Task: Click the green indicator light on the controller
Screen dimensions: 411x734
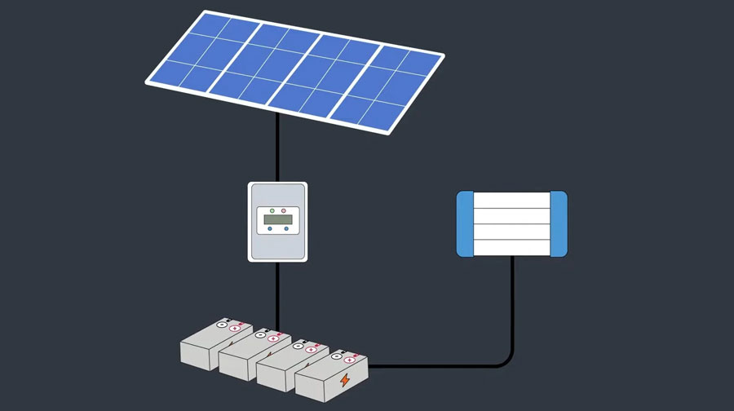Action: tap(272, 210)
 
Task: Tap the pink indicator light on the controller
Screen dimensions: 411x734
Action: tap(284, 210)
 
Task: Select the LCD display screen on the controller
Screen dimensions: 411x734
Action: tap(277, 219)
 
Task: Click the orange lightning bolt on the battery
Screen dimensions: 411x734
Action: tap(345, 380)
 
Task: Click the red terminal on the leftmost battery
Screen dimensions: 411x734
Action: tap(234, 327)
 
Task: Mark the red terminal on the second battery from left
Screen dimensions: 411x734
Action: tap(272, 338)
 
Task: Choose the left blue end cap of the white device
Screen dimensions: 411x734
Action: tap(464, 225)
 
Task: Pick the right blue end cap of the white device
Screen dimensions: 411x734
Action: tap(559, 225)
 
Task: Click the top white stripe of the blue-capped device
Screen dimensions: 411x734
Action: tap(511, 201)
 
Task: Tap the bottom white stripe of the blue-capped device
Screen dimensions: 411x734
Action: tap(511, 248)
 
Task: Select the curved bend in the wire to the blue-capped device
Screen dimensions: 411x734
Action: tap(506, 360)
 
